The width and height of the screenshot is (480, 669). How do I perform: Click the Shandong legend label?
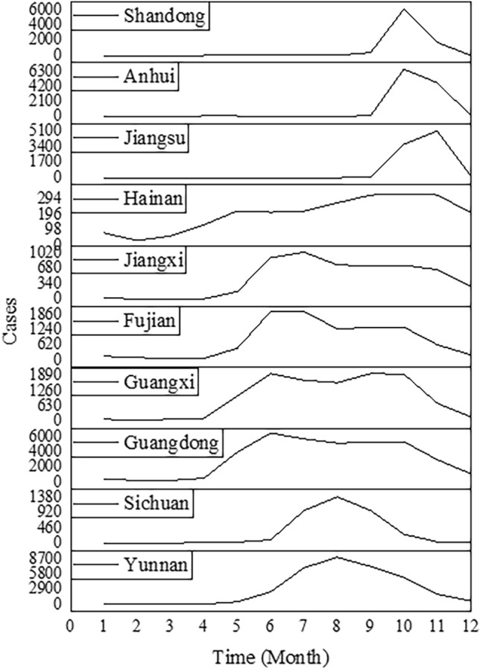[164, 16]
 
